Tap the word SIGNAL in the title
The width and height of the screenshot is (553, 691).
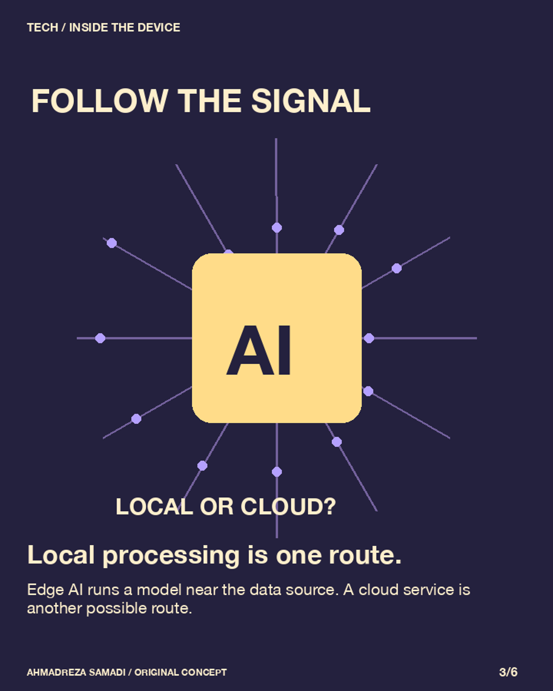coord(311,101)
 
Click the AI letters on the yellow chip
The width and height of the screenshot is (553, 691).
coord(259,350)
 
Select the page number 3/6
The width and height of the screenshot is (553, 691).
coord(508,672)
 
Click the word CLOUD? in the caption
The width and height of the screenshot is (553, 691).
coord(288,507)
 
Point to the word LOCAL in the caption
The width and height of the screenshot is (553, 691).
coord(154,507)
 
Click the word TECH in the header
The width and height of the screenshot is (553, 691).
coord(42,28)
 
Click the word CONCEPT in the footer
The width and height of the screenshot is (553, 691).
coord(204,673)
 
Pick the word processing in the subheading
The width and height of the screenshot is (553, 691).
coord(171,556)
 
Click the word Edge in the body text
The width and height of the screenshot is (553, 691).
coord(45,590)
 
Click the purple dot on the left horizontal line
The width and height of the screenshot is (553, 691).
coord(100,338)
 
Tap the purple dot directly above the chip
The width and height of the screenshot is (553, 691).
coord(276,228)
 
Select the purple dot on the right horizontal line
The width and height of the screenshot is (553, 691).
coord(369,338)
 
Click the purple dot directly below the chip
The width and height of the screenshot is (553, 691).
coord(276,472)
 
